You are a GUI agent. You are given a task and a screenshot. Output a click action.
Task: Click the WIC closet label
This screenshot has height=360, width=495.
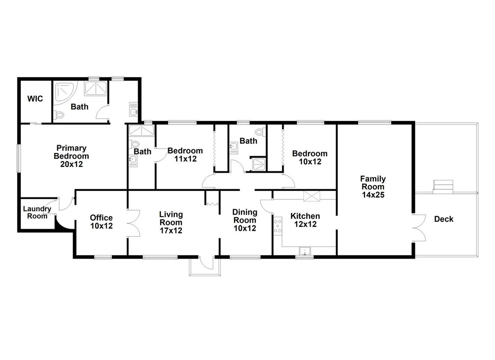[35, 99]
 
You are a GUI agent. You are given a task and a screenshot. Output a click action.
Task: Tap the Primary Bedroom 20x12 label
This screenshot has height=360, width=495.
[72, 156]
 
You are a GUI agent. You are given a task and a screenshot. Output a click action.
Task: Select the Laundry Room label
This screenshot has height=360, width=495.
[37, 212]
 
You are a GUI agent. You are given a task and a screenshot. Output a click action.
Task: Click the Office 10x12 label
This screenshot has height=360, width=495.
[101, 221]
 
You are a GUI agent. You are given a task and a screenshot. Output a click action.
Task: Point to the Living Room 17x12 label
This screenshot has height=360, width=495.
[171, 222]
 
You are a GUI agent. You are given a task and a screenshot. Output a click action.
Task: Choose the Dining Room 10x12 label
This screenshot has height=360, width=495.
[245, 220]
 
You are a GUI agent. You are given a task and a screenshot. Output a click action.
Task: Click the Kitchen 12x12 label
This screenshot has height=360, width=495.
[305, 220]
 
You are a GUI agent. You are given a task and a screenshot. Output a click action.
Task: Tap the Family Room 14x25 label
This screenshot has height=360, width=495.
[373, 187]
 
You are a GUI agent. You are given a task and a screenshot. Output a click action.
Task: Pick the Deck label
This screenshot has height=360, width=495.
[444, 219]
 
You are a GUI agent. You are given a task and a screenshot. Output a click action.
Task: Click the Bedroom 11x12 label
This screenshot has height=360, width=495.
[185, 154]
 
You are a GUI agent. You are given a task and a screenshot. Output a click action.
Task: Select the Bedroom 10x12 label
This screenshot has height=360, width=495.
[310, 158]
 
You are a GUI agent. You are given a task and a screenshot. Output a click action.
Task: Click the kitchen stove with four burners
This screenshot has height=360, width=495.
[278, 226]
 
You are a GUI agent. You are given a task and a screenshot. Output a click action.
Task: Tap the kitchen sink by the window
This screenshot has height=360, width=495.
[305, 251]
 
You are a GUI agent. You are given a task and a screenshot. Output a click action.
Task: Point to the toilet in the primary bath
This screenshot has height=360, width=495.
[58, 115]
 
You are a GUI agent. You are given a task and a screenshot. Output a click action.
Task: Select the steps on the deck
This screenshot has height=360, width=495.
[443, 187]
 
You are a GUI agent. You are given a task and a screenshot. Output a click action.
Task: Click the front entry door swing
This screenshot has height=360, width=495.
[206, 264]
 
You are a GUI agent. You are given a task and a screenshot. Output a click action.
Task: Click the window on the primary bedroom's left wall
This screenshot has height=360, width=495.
[19, 158]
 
